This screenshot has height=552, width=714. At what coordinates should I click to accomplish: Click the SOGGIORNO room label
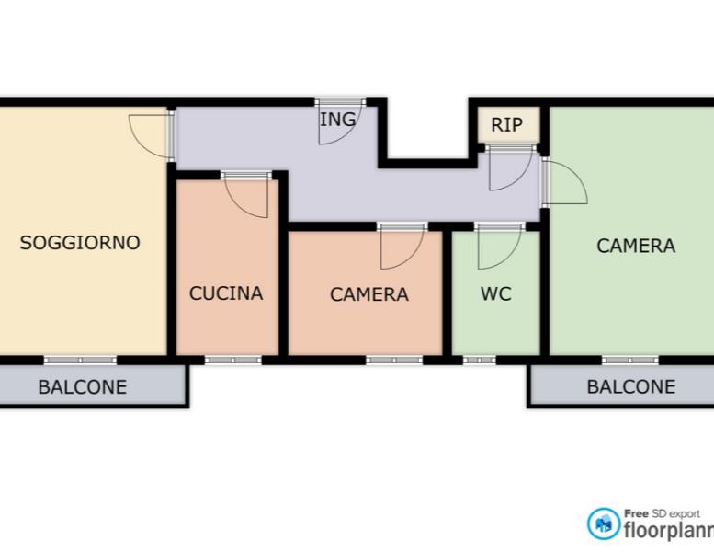coord(80,243)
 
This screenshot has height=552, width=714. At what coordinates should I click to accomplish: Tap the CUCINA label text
coord(226,293)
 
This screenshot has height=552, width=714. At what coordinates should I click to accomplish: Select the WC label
coord(496,294)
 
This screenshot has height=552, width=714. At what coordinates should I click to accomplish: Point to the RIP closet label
coord(507,124)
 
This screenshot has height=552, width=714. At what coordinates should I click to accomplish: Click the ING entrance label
coord(338,120)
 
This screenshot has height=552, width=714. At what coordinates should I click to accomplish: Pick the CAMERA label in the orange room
coord(368,294)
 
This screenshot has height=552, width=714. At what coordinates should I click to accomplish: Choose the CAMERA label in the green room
coord(636,247)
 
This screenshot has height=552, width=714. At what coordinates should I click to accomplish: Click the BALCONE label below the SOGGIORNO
coord(83,387)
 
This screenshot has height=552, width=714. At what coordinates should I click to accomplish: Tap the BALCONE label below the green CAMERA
coord(631,387)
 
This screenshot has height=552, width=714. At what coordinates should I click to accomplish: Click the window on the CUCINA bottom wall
coord(233,360)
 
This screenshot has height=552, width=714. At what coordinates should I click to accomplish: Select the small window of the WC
coord(480,360)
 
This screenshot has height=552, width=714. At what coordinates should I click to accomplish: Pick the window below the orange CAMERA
coord(394,360)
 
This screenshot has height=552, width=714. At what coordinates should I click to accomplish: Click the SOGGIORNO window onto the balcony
coord(80,360)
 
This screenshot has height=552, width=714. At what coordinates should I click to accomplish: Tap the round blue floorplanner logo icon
coord(604,523)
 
